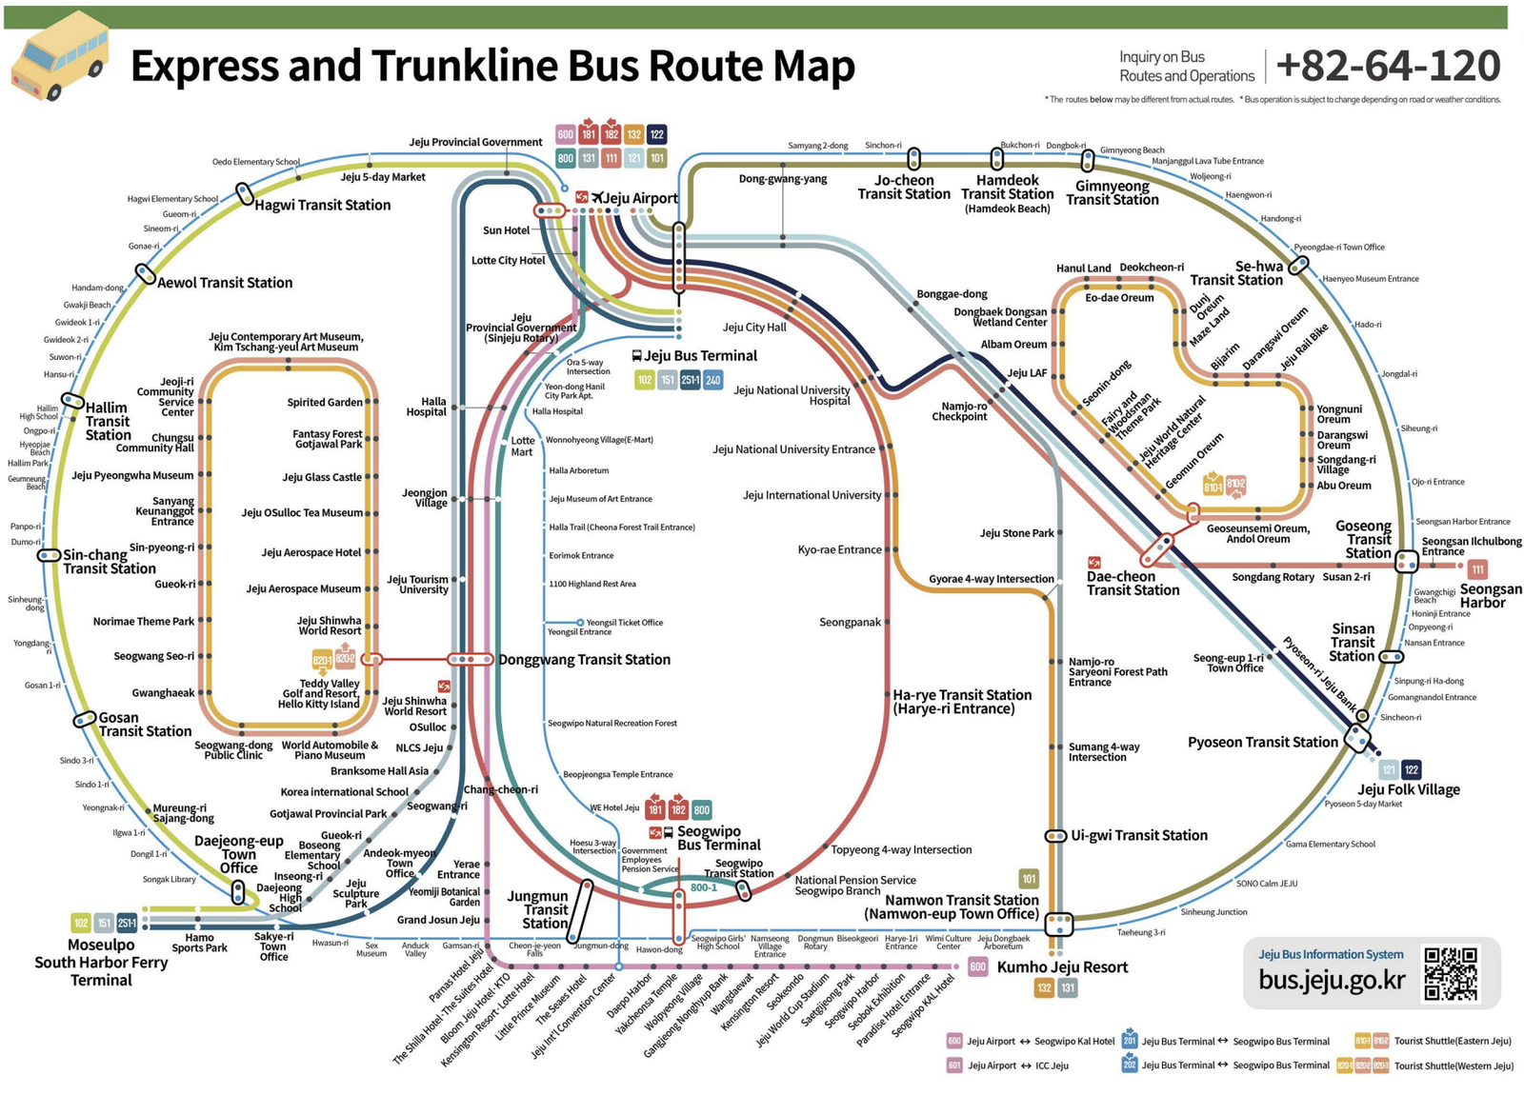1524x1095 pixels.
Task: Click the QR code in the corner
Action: click(1450, 973)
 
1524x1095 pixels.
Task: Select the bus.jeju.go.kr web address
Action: click(1331, 980)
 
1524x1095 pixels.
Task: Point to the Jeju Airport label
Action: click(640, 198)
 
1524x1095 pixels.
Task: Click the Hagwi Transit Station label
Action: click(322, 205)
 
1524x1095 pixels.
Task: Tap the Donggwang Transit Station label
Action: click(584, 660)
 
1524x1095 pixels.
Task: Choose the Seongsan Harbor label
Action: click(1490, 596)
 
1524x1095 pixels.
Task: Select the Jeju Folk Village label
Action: click(1408, 789)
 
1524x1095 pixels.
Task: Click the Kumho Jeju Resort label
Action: click(1062, 967)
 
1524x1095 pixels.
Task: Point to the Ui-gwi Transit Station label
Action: click(1138, 836)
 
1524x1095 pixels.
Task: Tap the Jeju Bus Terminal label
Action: click(700, 356)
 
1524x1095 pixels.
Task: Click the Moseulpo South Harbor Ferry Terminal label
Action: click(101, 962)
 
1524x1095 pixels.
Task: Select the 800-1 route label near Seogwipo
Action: click(704, 887)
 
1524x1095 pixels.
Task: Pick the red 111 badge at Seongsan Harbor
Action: click(1476, 569)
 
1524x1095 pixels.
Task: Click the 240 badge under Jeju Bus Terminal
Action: click(712, 380)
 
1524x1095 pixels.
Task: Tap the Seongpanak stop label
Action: click(850, 622)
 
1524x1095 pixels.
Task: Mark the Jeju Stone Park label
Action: click(1016, 533)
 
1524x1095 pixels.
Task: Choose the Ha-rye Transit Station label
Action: click(961, 702)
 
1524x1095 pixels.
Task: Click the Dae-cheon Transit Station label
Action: click(1133, 584)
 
